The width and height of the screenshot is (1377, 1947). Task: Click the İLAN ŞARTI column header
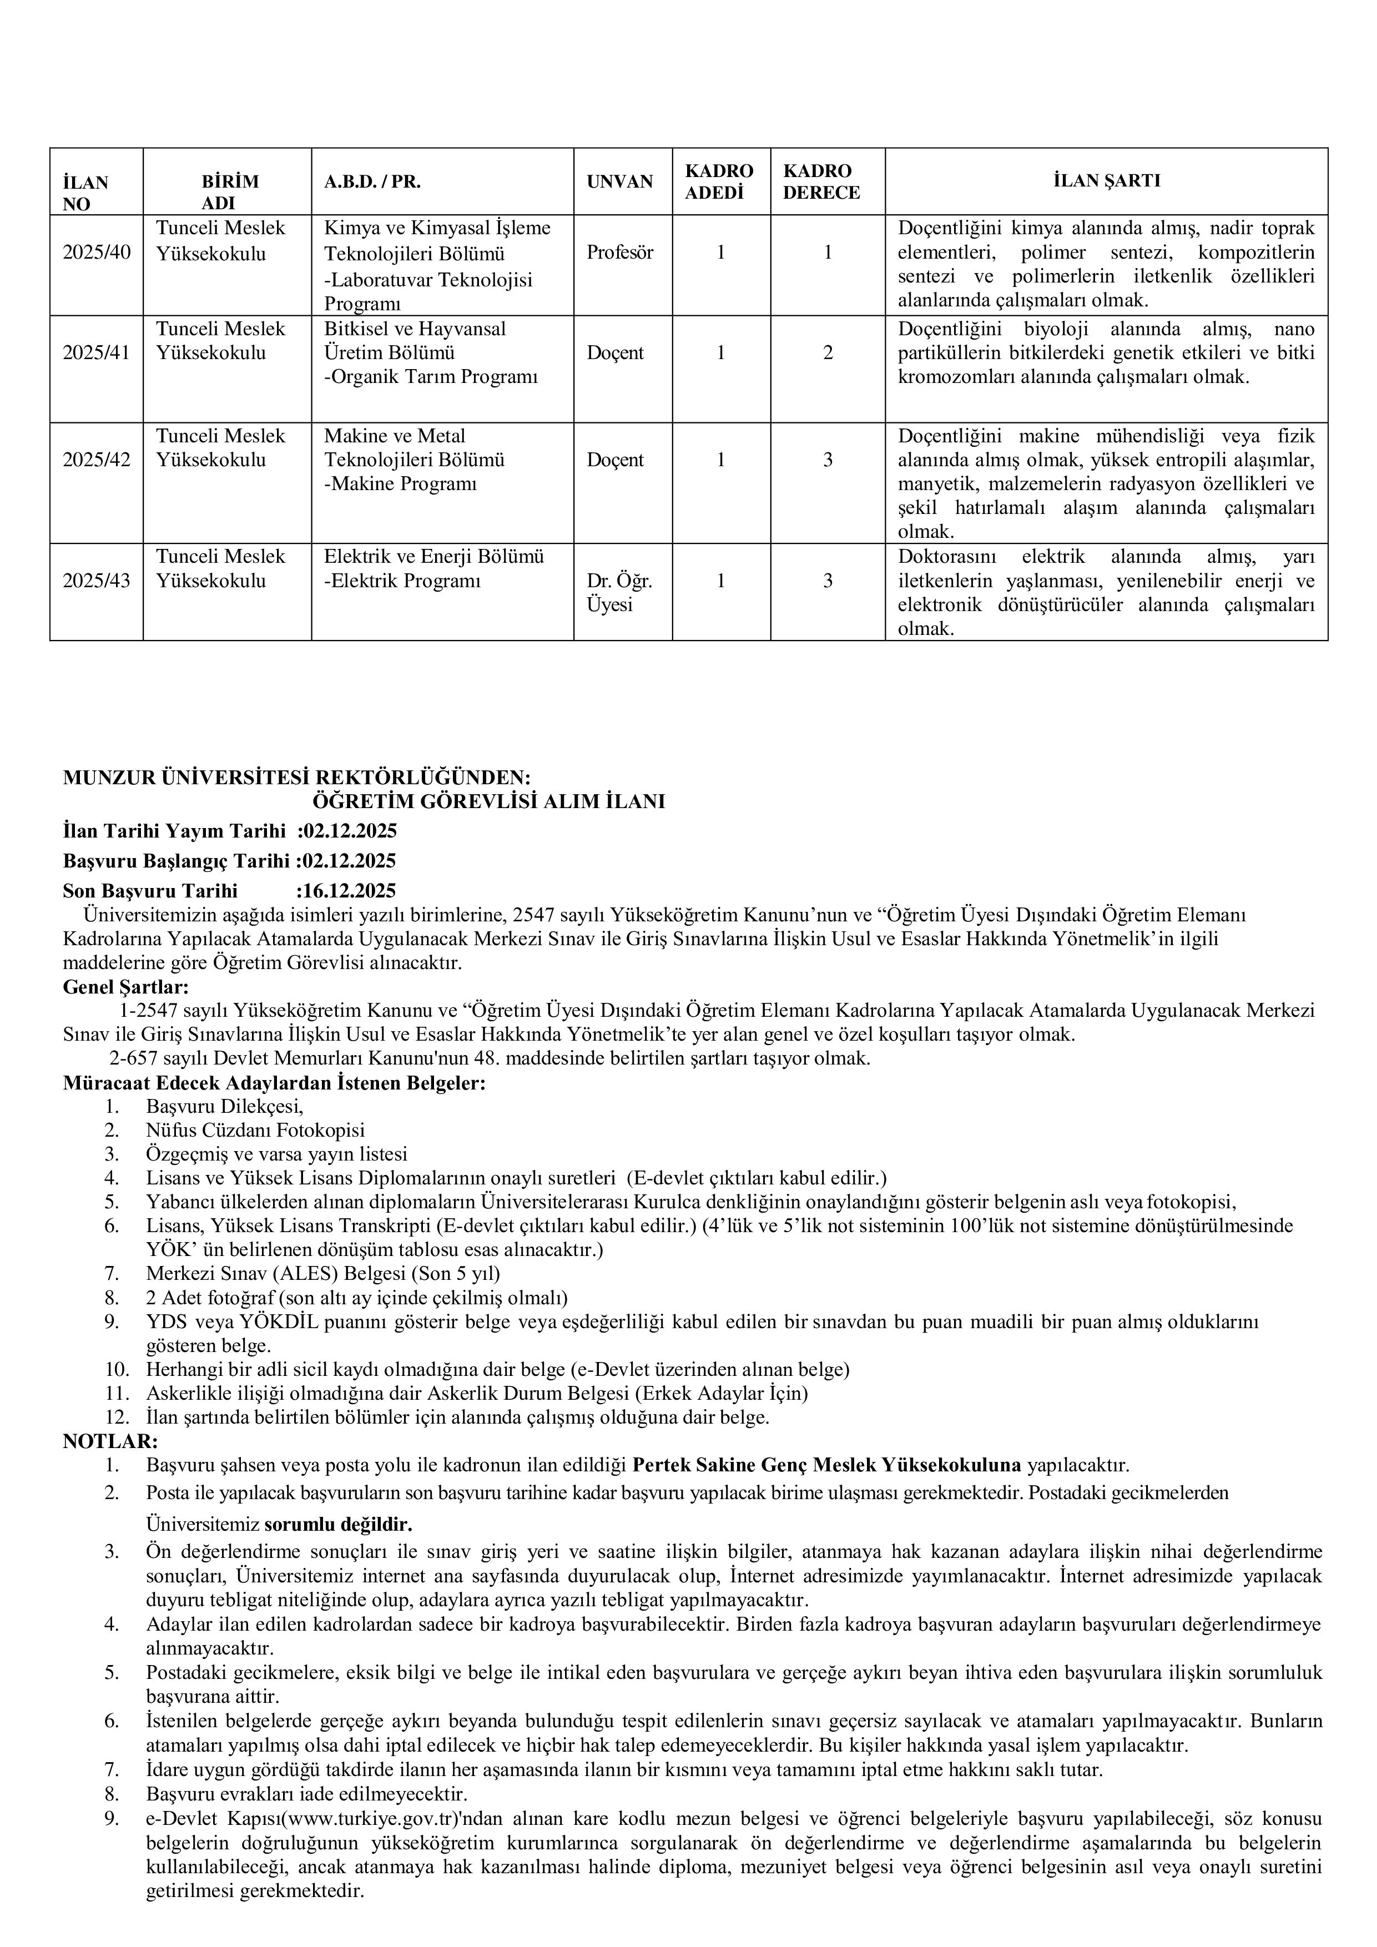click(1107, 180)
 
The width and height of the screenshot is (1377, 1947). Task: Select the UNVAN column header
click(620, 181)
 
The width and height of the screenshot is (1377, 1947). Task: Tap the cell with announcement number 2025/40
click(97, 253)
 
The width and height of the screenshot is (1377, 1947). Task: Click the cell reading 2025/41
click(97, 353)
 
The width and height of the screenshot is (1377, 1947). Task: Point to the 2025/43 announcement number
click(97, 581)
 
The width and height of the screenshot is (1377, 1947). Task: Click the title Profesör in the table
click(620, 253)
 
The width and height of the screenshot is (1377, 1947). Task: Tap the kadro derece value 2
click(828, 353)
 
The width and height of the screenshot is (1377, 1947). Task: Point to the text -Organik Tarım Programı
click(431, 376)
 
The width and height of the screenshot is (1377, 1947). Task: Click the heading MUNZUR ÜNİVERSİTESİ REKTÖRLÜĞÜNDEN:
click(297, 778)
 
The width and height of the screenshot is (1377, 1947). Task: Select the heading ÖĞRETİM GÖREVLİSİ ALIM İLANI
click(488, 801)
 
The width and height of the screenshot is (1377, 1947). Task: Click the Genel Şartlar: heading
click(125, 987)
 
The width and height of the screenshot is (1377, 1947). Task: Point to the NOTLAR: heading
click(110, 1441)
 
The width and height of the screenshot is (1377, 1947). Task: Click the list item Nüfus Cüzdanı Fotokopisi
click(255, 1131)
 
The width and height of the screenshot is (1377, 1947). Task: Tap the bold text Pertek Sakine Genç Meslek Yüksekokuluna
click(827, 1465)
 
